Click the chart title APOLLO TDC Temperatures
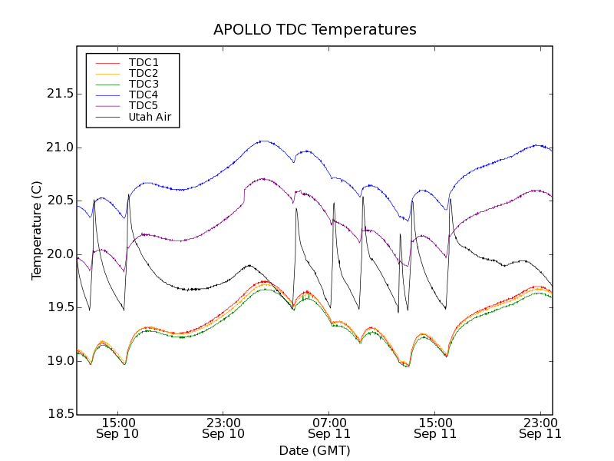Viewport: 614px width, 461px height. click(315, 30)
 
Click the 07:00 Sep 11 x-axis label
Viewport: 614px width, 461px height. click(329, 428)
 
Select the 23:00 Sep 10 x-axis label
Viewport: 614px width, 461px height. click(223, 428)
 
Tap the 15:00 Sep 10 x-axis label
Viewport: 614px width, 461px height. click(117, 428)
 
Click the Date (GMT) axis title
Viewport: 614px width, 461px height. click(315, 450)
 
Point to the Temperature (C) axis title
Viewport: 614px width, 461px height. click(37, 230)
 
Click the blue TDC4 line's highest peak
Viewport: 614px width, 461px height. click(263, 141)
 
